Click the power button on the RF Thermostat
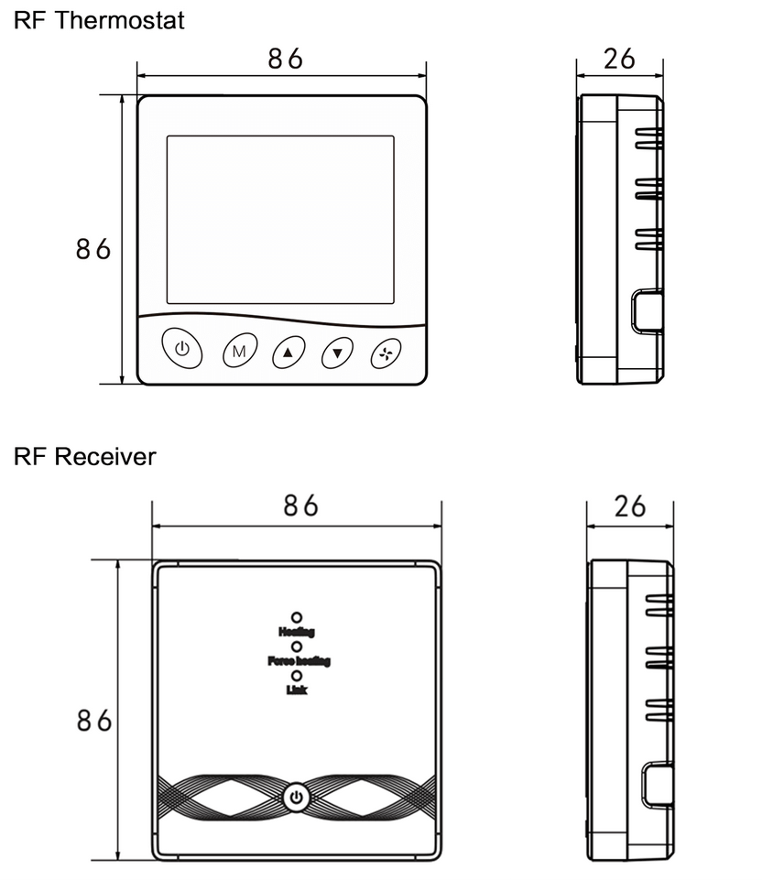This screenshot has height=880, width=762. [182, 349]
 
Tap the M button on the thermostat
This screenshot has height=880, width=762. [239, 352]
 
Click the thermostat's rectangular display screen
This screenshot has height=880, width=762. [280, 220]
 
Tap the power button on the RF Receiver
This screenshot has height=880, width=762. [296, 798]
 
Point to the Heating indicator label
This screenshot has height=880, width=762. [297, 632]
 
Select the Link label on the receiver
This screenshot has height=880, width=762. [297, 690]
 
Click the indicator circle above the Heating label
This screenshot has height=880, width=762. [297, 618]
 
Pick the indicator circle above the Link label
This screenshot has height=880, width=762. [297, 676]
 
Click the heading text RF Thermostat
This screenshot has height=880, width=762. [99, 20]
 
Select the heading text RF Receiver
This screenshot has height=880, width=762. [85, 456]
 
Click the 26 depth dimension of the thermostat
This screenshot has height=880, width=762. [620, 60]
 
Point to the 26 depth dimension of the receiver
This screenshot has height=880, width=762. [631, 506]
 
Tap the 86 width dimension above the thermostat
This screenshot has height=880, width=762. [285, 60]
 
